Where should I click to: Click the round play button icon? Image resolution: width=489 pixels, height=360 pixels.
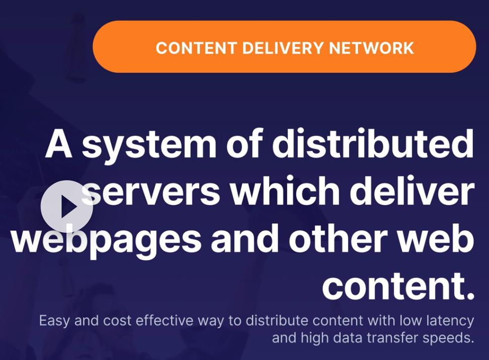pos(67,207)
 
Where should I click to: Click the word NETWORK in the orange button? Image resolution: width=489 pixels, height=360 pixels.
pos(371,48)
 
